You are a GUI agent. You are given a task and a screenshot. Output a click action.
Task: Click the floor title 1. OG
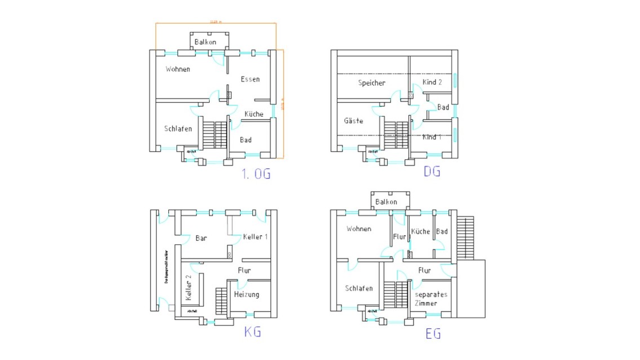click(256, 174)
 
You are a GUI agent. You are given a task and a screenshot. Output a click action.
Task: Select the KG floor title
click(252, 332)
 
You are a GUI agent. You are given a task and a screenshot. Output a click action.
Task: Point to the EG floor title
click(433, 334)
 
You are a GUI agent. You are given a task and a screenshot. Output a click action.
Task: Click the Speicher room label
click(372, 83)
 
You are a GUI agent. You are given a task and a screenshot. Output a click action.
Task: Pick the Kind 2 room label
click(432, 82)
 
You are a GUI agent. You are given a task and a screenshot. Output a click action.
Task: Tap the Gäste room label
click(353, 121)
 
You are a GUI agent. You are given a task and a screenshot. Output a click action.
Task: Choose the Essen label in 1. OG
click(250, 79)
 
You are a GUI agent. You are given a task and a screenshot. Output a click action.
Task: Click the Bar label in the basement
click(201, 238)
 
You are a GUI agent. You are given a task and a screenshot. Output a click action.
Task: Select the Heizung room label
click(246, 295)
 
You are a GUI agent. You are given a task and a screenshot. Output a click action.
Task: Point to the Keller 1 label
click(255, 237)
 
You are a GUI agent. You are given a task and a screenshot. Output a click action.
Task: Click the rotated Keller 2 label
click(189, 287)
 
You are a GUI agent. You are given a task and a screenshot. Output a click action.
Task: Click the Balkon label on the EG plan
click(386, 202)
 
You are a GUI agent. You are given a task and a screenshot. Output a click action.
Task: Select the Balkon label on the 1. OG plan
click(206, 42)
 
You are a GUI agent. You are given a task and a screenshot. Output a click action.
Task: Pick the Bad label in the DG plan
click(443, 108)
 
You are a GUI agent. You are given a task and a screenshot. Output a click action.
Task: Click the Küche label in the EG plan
click(420, 232)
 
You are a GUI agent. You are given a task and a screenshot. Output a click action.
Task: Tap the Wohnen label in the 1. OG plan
click(177, 69)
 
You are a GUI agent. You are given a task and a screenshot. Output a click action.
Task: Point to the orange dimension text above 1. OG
click(215, 22)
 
